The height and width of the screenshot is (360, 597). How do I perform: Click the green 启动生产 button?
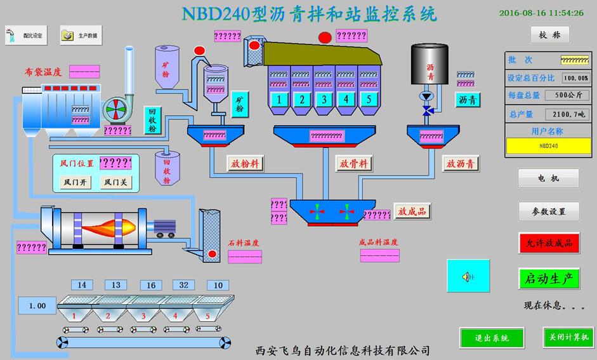549,279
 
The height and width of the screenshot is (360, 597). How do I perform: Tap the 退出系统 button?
492,338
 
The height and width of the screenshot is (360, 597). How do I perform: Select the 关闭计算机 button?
568,337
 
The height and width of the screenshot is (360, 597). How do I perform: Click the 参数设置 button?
549,211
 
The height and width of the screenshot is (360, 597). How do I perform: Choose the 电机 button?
549,178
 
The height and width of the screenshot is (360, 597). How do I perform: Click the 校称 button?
549,35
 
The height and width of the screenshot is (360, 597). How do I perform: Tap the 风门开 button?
76,182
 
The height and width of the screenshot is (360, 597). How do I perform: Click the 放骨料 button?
353,163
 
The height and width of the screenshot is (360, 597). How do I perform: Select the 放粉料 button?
246,163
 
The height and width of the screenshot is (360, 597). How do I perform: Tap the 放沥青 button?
461,163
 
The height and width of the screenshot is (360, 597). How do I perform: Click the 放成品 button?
412,211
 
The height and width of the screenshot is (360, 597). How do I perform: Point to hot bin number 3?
324,99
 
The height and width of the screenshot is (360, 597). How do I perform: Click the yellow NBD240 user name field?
548,145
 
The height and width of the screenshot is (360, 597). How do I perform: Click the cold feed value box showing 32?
183,285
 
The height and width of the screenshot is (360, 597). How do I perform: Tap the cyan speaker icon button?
468,276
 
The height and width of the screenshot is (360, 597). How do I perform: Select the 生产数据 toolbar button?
81,36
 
